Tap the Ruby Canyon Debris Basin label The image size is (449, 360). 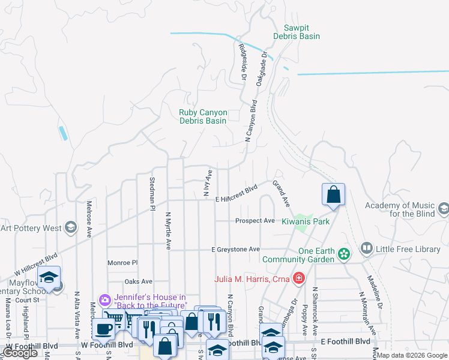(x=203, y=116)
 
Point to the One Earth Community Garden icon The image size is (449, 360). (x=343, y=254)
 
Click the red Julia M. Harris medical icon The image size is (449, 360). (x=298, y=278)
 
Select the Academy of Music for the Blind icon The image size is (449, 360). (x=444, y=209)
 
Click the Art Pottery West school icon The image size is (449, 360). (x=71, y=227)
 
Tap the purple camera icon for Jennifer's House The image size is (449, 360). (x=105, y=299)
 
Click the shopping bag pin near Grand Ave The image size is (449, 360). (x=333, y=194)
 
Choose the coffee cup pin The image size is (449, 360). (x=103, y=329)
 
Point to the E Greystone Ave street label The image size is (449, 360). (x=235, y=249)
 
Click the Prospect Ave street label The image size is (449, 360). (x=255, y=221)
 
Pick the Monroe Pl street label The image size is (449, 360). (x=122, y=263)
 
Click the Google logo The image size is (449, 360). (x=20, y=353)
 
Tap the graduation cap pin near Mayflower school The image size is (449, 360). (x=49, y=277)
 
